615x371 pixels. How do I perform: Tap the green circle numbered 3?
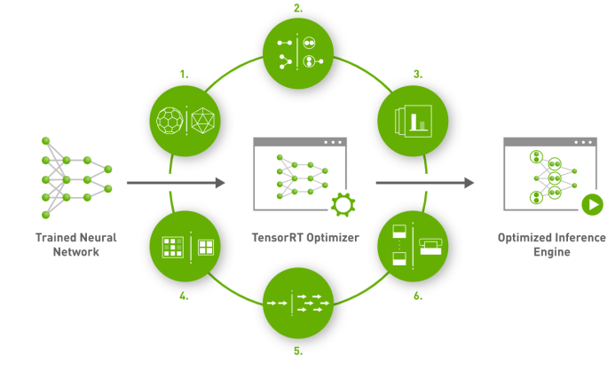click(409, 119)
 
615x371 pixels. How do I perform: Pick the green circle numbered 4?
click(186, 247)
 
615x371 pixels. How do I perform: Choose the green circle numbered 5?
click(297, 304)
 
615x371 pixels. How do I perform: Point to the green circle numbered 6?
click(409, 245)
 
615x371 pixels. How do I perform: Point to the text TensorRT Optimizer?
click(297, 238)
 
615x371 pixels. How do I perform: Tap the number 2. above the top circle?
click(297, 8)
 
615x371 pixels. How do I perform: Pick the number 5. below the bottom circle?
click(297, 351)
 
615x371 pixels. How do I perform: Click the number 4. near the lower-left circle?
click(184, 296)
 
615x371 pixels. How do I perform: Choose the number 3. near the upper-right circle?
click(417, 75)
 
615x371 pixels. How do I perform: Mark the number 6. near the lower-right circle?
click(417, 296)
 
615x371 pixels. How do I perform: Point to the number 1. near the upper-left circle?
click(184, 75)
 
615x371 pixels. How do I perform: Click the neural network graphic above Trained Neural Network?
click(76, 178)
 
